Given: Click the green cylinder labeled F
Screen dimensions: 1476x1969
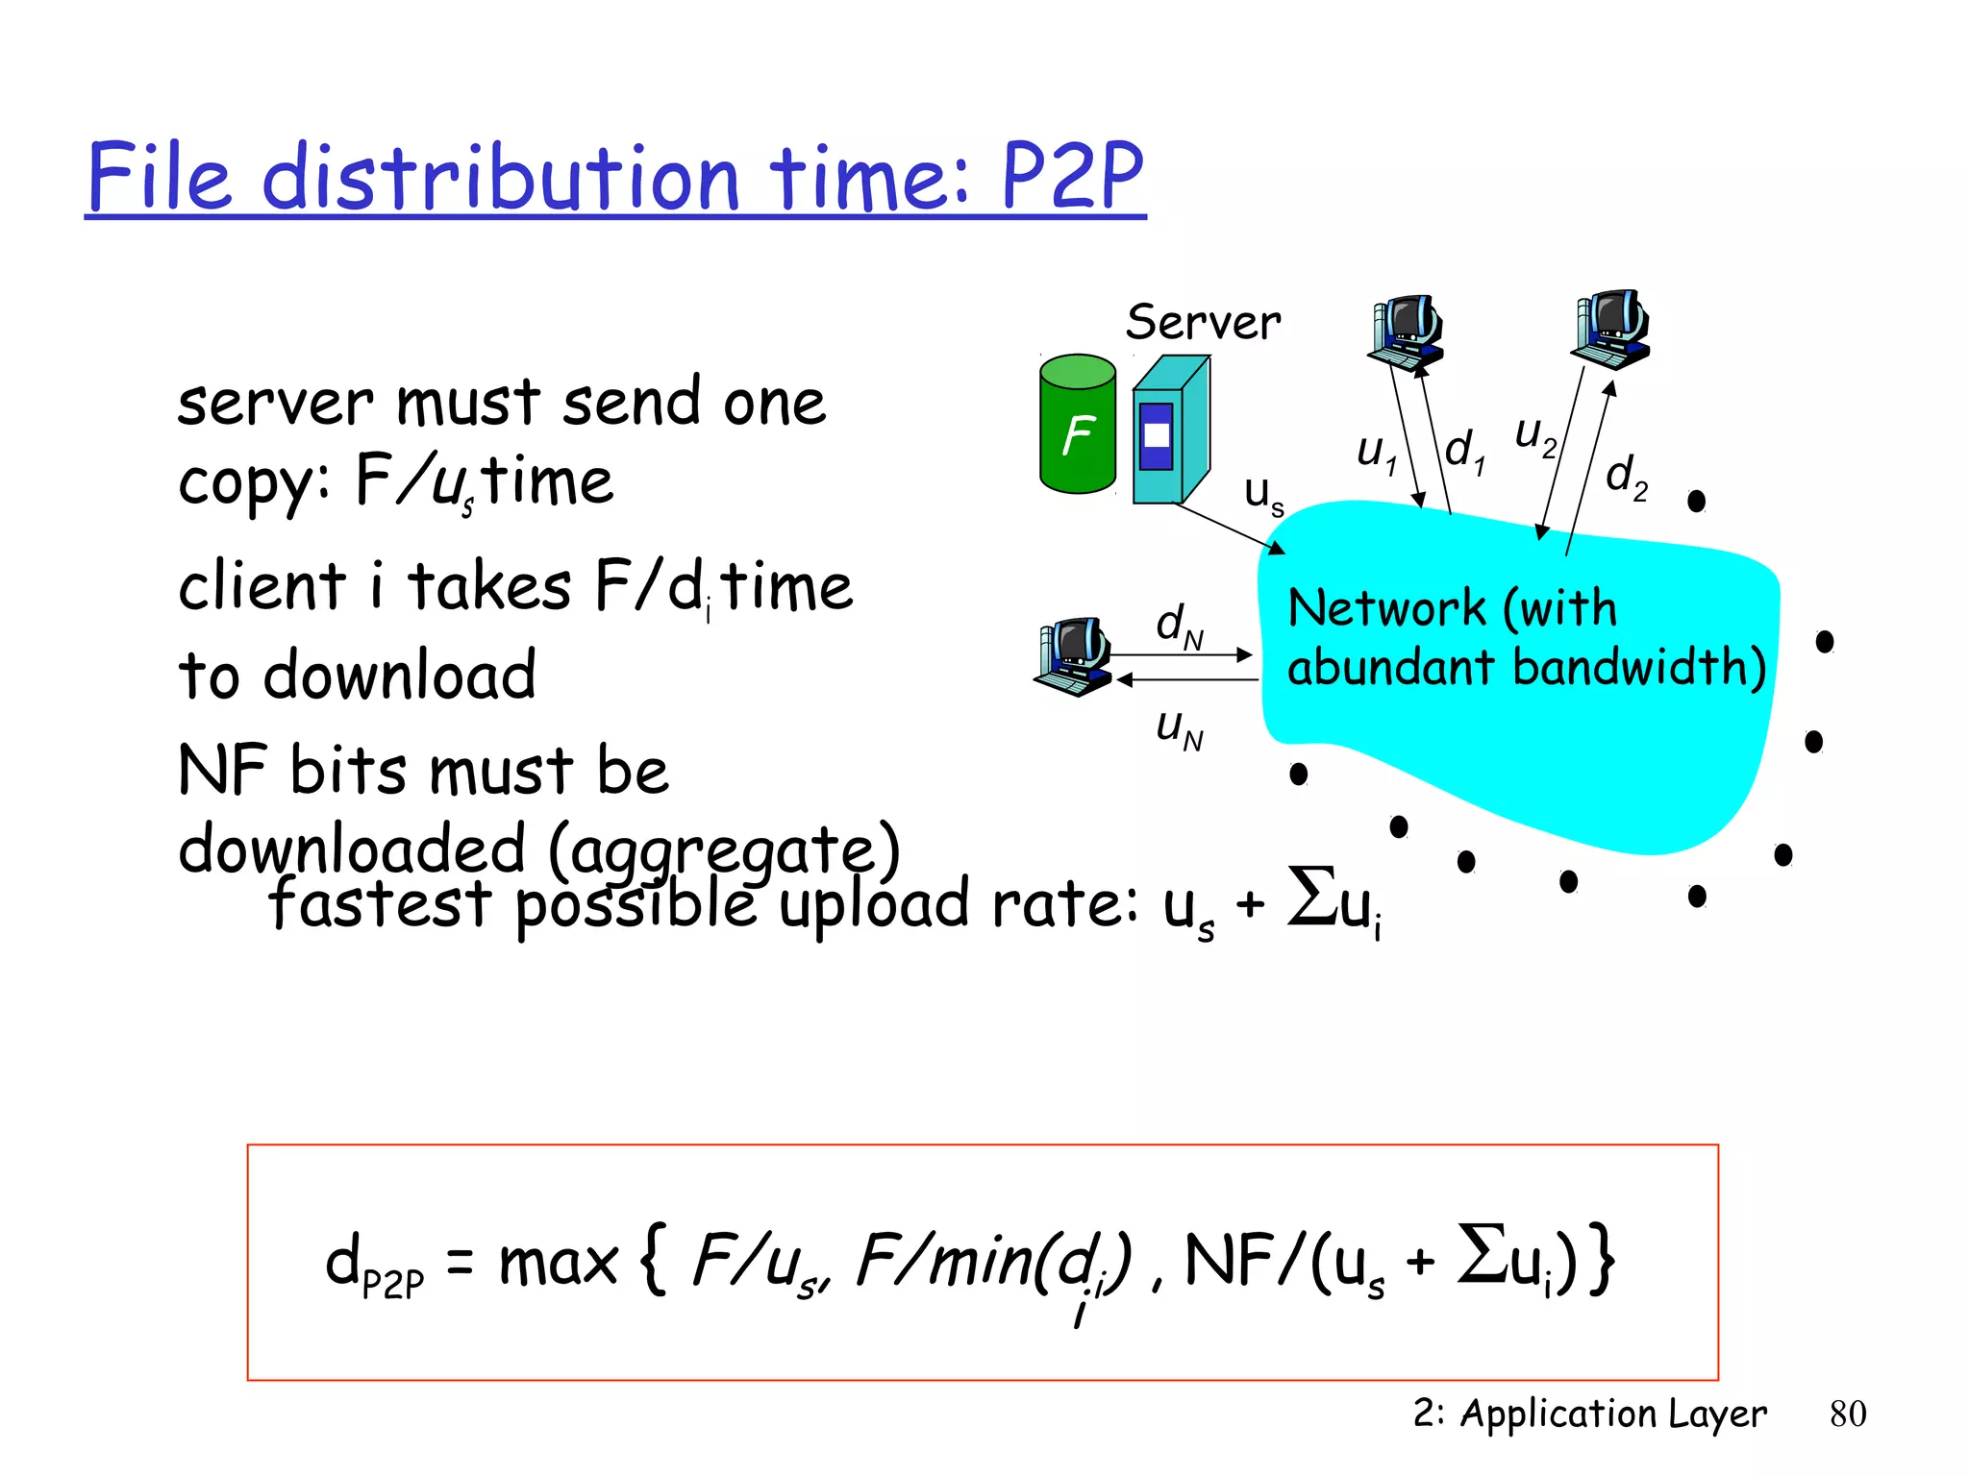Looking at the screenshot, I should [1078, 425].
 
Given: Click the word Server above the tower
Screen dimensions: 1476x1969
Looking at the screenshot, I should [1203, 322].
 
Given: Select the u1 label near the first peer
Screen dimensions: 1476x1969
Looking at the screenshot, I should [1376, 452].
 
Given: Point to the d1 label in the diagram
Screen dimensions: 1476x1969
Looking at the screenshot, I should [1465, 451].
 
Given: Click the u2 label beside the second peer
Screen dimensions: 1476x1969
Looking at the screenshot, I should [1535, 434].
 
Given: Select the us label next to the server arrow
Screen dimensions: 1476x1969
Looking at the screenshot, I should [1263, 494].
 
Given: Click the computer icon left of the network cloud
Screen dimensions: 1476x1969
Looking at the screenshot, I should [1074, 655].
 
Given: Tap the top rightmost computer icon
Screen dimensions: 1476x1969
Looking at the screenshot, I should [1611, 329].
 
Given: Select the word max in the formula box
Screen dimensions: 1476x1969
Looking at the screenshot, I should [558, 1262].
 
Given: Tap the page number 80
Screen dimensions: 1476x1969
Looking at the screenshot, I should [1847, 1414].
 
